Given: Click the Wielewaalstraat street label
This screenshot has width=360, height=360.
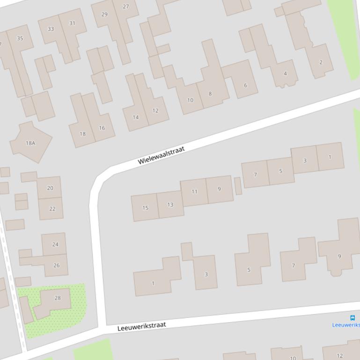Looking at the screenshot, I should (162, 155).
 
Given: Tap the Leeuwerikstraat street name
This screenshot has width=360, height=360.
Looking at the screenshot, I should (141, 326).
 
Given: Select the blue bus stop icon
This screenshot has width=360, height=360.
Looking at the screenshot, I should (353, 318).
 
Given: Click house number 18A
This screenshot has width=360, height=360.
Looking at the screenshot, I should (30, 143).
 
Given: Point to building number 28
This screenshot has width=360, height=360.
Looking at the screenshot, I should (58, 298).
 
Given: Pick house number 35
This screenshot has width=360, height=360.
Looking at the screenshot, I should (20, 38).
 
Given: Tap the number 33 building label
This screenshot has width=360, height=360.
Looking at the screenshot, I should (51, 29).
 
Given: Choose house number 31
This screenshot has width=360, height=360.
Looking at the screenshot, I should (72, 23).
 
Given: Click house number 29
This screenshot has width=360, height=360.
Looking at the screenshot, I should (104, 14).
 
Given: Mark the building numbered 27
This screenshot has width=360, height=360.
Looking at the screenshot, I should (126, 7).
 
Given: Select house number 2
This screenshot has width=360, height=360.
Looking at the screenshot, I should (321, 62).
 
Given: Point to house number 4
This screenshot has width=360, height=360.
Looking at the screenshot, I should (285, 73).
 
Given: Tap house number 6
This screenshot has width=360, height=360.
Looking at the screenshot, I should (245, 85).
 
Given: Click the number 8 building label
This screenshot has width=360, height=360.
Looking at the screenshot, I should (210, 94).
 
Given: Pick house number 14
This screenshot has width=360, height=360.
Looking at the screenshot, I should (135, 117).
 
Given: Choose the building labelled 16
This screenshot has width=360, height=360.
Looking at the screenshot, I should (102, 128).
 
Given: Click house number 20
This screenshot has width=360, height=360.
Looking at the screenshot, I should (50, 188).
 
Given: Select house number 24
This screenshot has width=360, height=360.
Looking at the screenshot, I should (55, 244).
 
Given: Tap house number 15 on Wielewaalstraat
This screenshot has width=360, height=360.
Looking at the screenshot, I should (145, 208).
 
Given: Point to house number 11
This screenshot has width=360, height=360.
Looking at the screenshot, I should (194, 192).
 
